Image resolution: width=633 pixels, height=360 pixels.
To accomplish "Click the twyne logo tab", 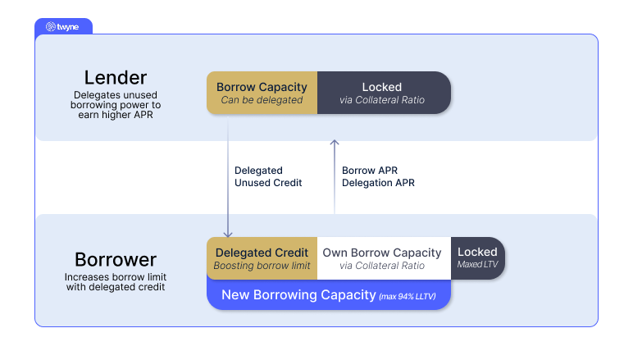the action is click(63, 26).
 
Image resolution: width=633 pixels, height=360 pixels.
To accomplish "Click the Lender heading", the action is click(116, 77).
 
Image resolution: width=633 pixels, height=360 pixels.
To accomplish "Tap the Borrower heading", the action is click(116, 259).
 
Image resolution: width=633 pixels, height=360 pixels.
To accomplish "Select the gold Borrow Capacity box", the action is click(262, 93).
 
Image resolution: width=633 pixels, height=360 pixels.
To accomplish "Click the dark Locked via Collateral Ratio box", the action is click(384, 93).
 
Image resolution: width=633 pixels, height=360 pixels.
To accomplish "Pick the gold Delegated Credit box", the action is click(262, 258).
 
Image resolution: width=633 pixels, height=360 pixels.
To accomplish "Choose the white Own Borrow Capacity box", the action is click(384, 258).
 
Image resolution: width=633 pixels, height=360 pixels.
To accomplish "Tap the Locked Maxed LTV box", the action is click(477, 258).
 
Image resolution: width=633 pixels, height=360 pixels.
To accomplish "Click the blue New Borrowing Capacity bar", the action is click(329, 295).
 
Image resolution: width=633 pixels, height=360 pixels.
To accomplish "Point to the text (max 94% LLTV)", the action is click(408, 297).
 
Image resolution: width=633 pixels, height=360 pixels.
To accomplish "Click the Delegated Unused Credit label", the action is click(268, 176).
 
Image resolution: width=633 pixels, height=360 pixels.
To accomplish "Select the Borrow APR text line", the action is click(370, 171).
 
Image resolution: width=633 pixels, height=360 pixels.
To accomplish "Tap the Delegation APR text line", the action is click(378, 183).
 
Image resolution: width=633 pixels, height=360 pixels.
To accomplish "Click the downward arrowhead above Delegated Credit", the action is click(228, 234).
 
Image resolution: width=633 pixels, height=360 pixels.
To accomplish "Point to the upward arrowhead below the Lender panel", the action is click(335, 142).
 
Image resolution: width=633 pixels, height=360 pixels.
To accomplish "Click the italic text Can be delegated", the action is click(262, 100).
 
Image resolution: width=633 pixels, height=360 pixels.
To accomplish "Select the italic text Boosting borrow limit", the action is click(262, 266).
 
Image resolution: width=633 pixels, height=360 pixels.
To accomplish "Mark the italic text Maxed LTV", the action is click(477, 264).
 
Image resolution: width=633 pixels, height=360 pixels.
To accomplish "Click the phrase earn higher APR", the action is click(116, 115).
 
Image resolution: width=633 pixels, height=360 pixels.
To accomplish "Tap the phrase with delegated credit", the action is click(116, 287).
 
